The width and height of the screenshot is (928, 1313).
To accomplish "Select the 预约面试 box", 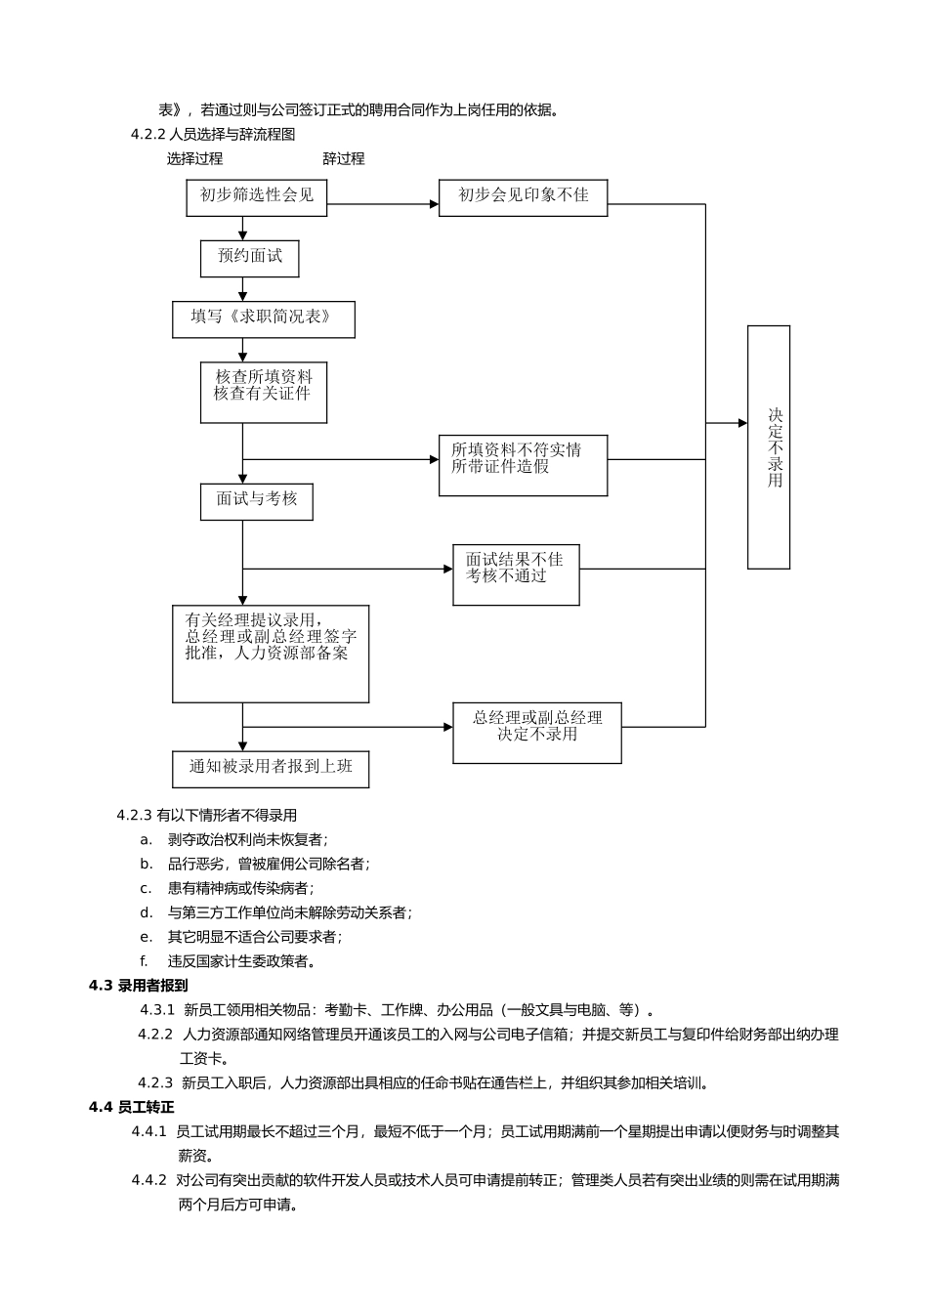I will tap(249, 258).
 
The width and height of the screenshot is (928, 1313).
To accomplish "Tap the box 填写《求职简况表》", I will tap(263, 318).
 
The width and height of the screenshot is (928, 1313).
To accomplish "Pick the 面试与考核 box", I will tap(256, 501).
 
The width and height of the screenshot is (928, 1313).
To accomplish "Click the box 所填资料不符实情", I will tap(523, 465).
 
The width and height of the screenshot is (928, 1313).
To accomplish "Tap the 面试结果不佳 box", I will tap(516, 574).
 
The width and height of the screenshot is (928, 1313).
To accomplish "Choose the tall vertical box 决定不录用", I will tap(768, 446).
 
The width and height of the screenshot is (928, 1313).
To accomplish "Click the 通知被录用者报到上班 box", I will tap(271, 769).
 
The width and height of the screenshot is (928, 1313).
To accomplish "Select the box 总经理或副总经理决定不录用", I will tap(536, 733).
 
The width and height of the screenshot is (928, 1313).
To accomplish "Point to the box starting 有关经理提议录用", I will tap(271, 653).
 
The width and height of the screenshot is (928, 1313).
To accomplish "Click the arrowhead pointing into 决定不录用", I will tap(741, 423).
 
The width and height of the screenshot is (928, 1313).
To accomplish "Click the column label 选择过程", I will tap(194, 158).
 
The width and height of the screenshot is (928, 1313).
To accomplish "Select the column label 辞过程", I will tap(343, 158).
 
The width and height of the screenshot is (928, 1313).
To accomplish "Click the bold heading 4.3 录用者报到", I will tap(139, 985).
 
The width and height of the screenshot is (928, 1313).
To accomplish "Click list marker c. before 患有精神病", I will tap(146, 888).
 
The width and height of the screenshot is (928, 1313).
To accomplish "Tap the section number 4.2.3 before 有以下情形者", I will tap(135, 815).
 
